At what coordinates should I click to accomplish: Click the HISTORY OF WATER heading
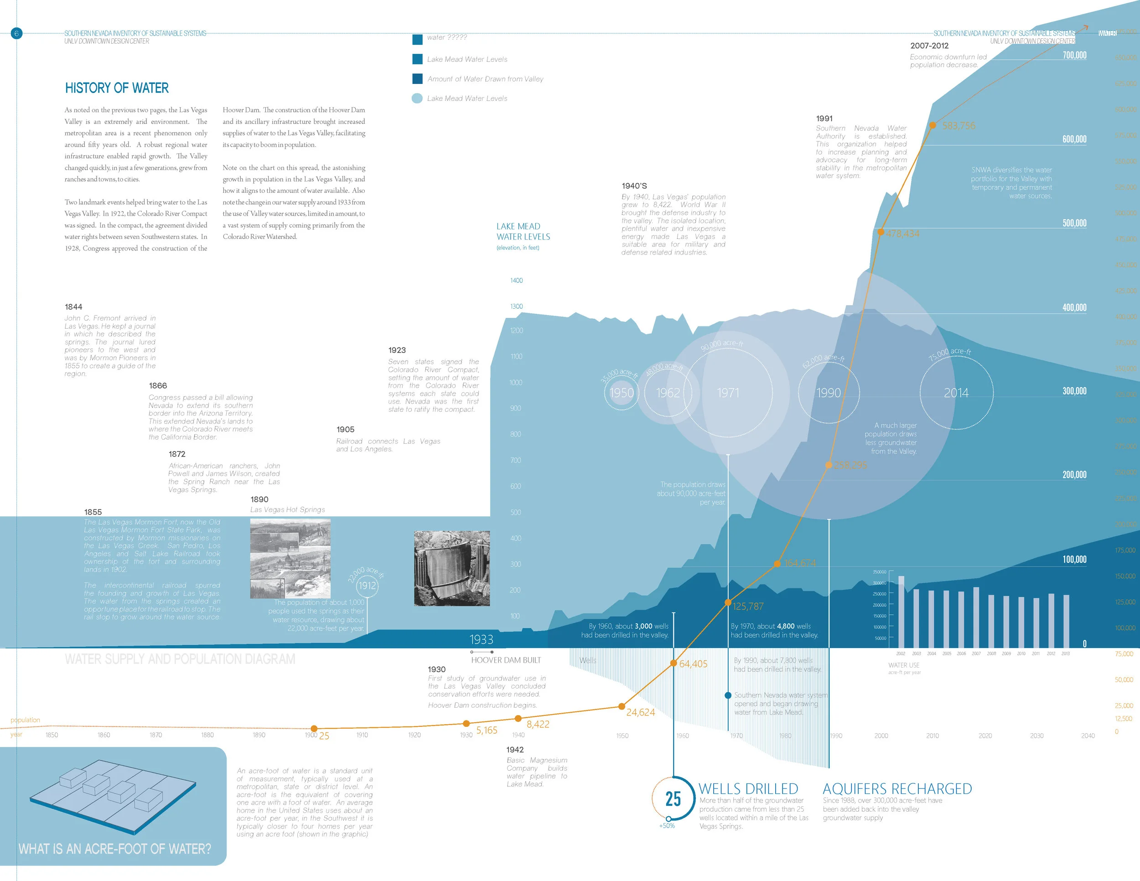[117, 88]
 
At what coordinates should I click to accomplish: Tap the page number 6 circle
[16, 33]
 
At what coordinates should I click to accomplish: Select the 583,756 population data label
[959, 126]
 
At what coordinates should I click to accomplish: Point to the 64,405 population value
[693, 664]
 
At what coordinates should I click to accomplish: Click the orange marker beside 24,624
[622, 706]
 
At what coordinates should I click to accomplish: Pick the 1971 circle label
[728, 393]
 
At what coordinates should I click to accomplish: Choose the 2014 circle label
[956, 393]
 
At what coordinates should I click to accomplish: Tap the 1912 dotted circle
[367, 586]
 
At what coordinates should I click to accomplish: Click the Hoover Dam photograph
[451, 568]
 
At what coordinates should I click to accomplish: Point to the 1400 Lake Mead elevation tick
[516, 281]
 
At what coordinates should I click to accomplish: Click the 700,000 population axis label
[1074, 55]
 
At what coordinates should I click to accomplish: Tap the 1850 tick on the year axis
[52, 735]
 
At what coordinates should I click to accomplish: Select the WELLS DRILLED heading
[748, 788]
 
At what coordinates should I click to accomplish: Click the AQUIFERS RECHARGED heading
[897, 788]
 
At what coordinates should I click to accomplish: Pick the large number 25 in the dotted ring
[673, 799]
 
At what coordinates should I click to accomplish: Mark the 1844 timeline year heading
[73, 307]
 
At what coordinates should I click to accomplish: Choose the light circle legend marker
[417, 98]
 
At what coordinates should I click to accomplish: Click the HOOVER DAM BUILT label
[506, 660]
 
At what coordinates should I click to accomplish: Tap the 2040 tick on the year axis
[1088, 736]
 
